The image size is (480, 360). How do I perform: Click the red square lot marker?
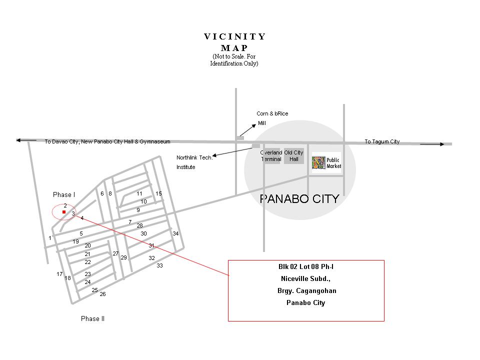click(x=64, y=212)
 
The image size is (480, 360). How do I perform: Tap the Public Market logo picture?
click(x=318, y=162)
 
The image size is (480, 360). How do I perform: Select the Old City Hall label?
click(x=294, y=156)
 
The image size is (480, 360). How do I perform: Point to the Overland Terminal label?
click(x=271, y=156)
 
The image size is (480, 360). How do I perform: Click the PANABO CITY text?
click(x=299, y=199)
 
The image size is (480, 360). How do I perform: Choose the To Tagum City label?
click(x=381, y=142)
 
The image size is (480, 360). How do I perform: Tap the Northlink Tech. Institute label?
click(x=194, y=162)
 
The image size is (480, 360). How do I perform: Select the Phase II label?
click(x=92, y=319)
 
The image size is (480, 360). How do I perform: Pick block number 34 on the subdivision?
click(x=175, y=233)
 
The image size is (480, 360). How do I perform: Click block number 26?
click(x=102, y=294)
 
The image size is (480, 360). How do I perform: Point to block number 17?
click(x=59, y=274)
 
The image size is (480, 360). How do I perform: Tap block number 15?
click(x=158, y=193)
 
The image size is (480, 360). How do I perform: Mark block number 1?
click(x=50, y=238)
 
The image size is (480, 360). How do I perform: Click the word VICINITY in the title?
click(x=235, y=36)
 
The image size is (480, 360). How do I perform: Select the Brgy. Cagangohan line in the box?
click(x=306, y=291)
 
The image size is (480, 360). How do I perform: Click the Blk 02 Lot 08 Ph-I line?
click(x=306, y=267)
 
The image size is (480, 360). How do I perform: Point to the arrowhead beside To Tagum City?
click(x=440, y=144)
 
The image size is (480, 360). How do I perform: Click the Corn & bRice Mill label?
click(x=272, y=118)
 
